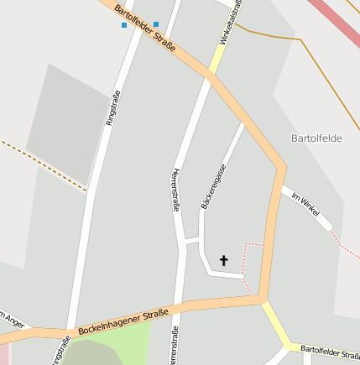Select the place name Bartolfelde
(316, 138)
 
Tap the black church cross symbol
(224, 261)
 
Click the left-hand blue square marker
(124, 25)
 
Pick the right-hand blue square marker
(156, 24)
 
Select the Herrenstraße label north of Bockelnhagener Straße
(175, 190)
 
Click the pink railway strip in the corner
(340, 21)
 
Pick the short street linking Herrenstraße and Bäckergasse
(192, 243)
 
